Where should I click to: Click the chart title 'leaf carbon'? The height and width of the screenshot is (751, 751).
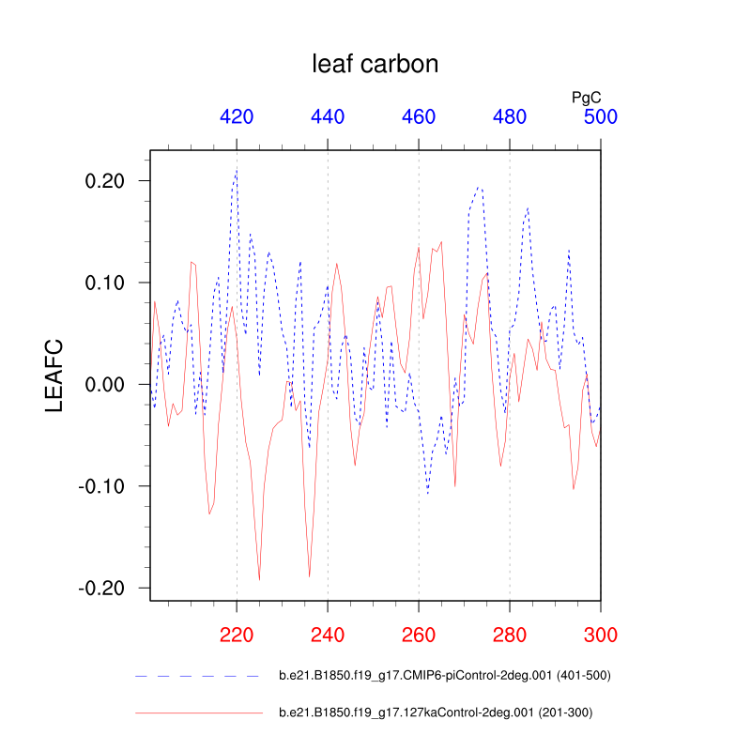pyautogui.click(x=375, y=64)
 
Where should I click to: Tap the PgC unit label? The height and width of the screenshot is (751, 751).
pyautogui.click(x=587, y=97)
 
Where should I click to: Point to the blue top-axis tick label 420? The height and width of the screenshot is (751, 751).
pyautogui.click(x=237, y=117)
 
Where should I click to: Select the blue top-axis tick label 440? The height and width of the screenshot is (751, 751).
pyautogui.click(x=328, y=117)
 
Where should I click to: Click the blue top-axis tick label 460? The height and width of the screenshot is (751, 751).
pyautogui.click(x=419, y=117)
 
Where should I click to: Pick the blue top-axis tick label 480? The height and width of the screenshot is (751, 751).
pyautogui.click(x=510, y=117)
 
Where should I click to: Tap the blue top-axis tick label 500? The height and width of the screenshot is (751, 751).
pyautogui.click(x=601, y=117)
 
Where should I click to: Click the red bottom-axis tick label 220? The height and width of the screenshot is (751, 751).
pyautogui.click(x=237, y=634)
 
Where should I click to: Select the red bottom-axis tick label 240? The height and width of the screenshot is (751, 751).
pyautogui.click(x=328, y=634)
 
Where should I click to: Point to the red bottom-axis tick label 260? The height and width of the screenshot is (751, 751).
pyautogui.click(x=419, y=634)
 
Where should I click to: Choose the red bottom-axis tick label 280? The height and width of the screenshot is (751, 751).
pyautogui.click(x=510, y=634)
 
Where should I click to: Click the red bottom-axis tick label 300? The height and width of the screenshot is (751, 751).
pyautogui.click(x=601, y=634)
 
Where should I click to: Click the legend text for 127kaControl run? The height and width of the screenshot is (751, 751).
pyautogui.click(x=436, y=713)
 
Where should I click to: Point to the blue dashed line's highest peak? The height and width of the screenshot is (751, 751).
pyautogui.click(x=237, y=170)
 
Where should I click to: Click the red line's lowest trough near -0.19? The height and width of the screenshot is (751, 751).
pyautogui.click(x=259, y=581)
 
